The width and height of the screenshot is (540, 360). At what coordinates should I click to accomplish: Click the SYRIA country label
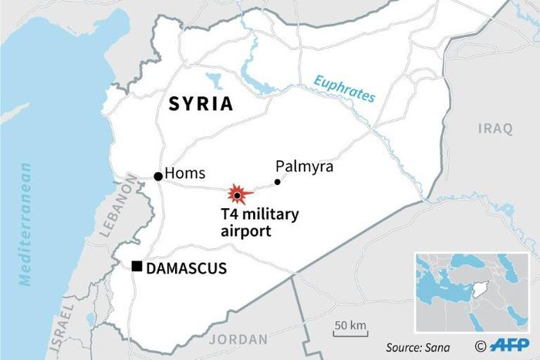click(x=201, y=104)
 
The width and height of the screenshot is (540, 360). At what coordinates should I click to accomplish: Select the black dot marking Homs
click(x=158, y=177)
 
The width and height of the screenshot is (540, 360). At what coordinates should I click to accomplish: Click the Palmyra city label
click(x=305, y=167)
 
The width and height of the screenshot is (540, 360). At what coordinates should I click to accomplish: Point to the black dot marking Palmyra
click(x=278, y=183)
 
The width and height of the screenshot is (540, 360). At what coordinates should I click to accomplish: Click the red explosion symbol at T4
click(x=239, y=195)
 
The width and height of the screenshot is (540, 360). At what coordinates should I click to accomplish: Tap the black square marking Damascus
click(x=137, y=267)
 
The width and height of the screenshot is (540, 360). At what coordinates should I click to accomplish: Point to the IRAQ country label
click(x=494, y=128)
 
